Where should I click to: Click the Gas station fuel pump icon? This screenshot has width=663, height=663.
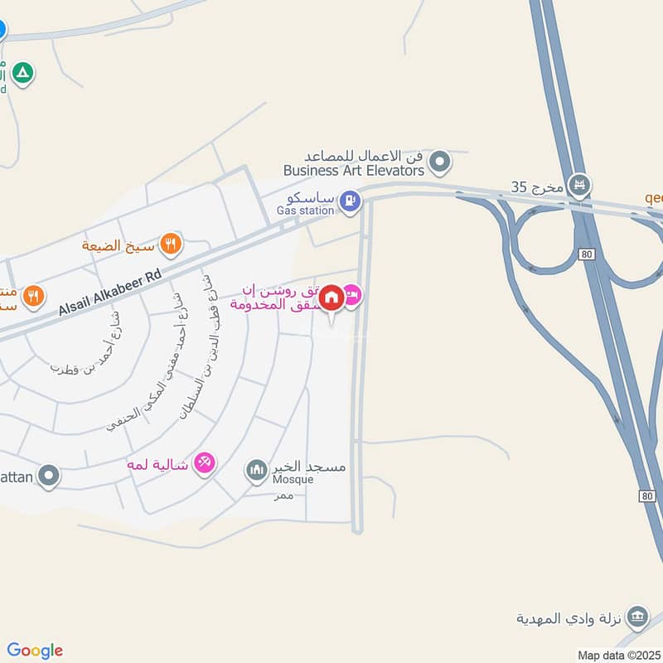[x=351, y=200]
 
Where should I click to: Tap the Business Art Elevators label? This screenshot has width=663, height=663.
[x=354, y=170]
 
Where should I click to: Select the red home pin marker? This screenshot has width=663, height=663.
[x=331, y=298]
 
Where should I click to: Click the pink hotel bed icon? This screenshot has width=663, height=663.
[x=352, y=295]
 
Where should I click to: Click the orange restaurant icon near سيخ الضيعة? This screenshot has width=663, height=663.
[x=171, y=244]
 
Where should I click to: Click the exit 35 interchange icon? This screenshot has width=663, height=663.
[x=578, y=185]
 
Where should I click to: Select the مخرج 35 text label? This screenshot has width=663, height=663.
[x=536, y=186]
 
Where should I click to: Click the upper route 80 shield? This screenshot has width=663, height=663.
[x=586, y=254]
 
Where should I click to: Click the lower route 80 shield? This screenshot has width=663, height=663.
[x=647, y=495]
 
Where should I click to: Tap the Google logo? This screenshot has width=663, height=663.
[x=35, y=651]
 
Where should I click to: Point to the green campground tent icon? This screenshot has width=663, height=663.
[x=24, y=74]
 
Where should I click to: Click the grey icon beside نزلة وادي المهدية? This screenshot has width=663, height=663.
[x=636, y=617]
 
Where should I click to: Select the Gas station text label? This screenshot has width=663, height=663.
[x=305, y=211]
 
